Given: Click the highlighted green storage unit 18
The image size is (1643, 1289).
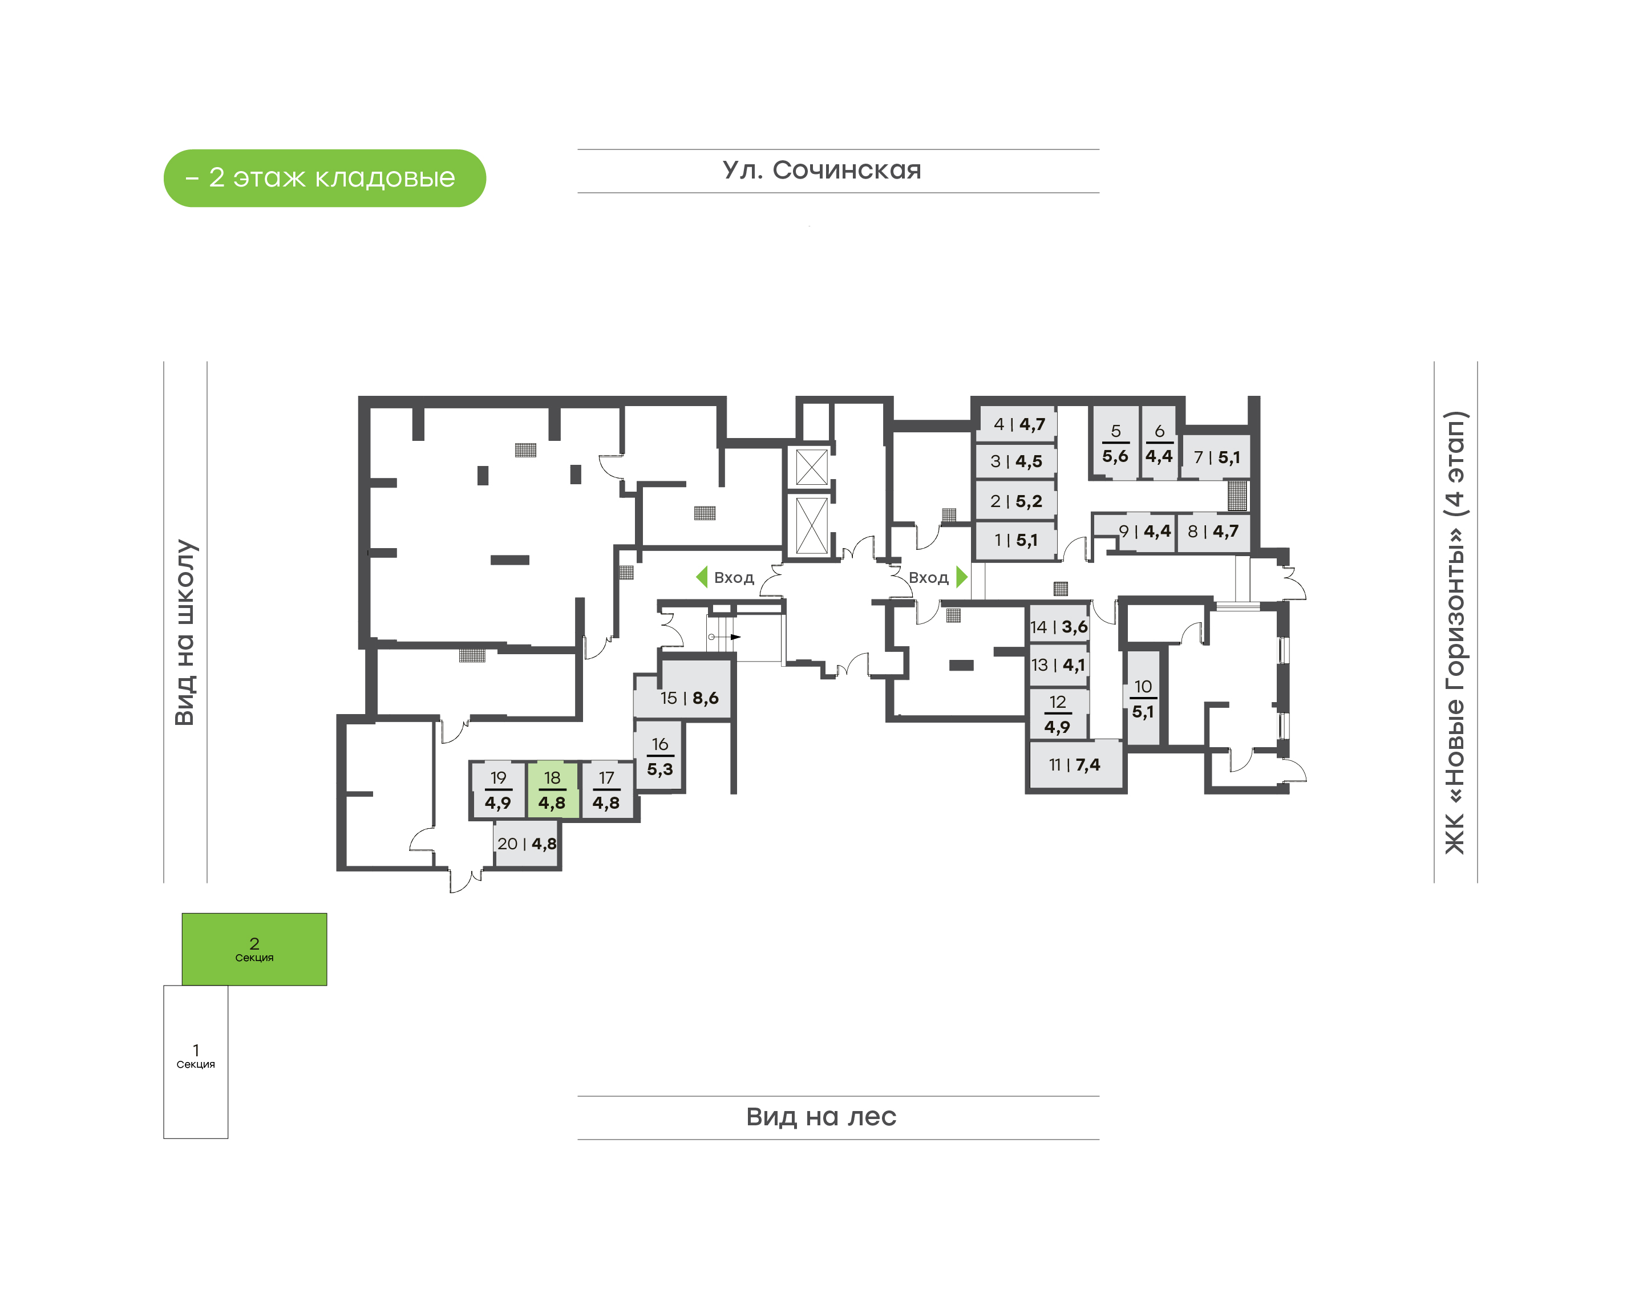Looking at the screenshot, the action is click(552, 790).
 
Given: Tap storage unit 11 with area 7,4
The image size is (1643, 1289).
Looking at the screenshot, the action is click(1075, 764).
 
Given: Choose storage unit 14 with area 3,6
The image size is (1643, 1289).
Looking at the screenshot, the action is click(1058, 626).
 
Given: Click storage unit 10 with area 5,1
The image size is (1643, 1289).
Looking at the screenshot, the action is click(1143, 699).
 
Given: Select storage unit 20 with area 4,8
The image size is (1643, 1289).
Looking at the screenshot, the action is click(526, 844).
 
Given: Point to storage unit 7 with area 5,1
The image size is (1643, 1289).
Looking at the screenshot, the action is click(1215, 457).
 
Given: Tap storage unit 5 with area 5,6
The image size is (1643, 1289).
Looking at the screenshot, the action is click(1115, 443).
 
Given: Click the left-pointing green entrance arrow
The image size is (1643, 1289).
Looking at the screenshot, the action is click(701, 577).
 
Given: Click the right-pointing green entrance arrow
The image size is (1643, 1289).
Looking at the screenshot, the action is click(961, 577).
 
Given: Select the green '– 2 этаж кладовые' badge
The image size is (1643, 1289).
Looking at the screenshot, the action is click(325, 178).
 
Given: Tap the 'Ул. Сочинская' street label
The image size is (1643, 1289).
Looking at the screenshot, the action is click(822, 171).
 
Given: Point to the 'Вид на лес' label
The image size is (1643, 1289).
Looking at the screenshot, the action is click(821, 1117).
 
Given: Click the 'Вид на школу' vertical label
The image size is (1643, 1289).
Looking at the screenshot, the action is click(185, 632).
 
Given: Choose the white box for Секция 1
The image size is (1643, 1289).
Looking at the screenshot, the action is click(196, 1062).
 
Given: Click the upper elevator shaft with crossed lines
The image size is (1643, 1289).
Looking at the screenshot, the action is click(811, 467).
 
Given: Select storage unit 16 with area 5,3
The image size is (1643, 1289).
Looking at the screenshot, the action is click(659, 756).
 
